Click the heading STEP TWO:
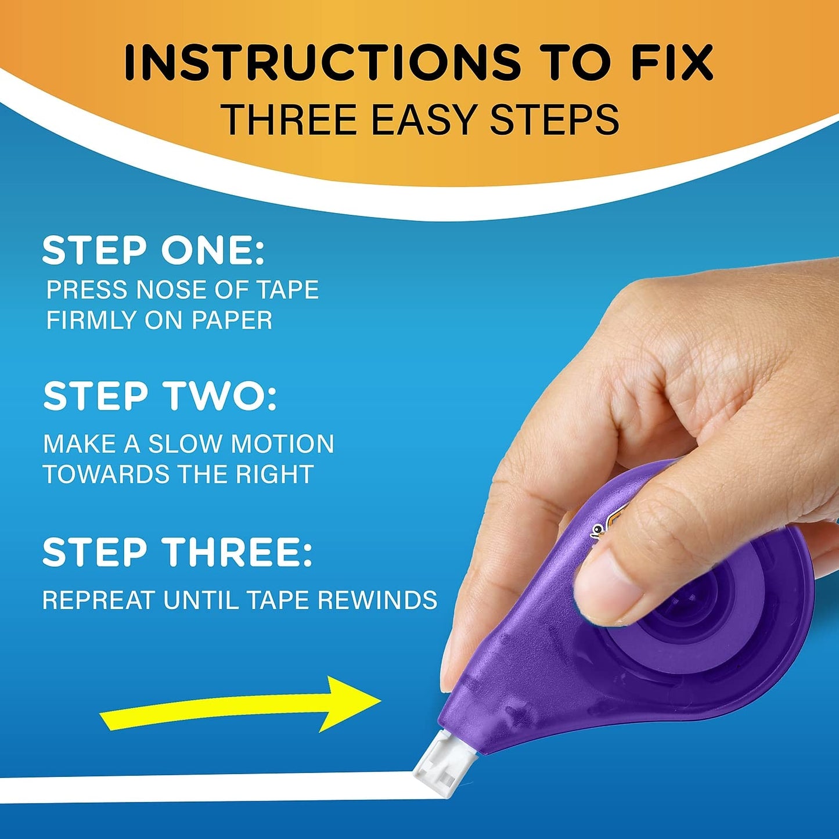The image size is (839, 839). point(160,397)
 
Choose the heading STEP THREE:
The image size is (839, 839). point(178,552)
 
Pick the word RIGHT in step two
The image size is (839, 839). point(275,474)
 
